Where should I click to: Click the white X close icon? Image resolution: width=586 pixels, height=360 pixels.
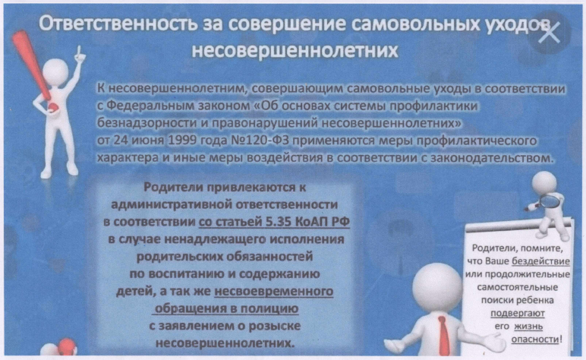coord(549,32)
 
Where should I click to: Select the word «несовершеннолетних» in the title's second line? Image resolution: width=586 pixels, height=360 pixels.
coord(295,50)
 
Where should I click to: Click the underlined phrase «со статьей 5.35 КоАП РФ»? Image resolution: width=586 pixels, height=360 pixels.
coord(274,222)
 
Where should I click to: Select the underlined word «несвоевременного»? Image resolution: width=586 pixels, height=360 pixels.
coord(273,291)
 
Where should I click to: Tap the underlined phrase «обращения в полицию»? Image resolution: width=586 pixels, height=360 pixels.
coord(226,309)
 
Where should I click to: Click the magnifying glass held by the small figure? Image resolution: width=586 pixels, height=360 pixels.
coord(547,202)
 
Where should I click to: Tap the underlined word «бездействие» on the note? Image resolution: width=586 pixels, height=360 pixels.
coord(540,261)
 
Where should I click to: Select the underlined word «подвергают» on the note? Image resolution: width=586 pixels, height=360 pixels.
coord(517,313)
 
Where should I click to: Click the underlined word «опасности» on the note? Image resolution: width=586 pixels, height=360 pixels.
coord(535,339)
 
